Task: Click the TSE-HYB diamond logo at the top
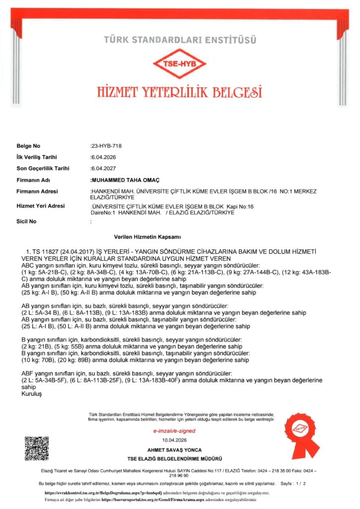(x=180, y=63)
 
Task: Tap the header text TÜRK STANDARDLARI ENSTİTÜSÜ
(x=180, y=39)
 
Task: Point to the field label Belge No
(x=28, y=146)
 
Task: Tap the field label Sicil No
(x=27, y=221)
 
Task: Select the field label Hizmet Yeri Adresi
(x=38, y=206)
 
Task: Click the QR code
(x=37, y=448)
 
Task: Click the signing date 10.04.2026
(x=174, y=440)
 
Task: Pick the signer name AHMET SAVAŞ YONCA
(x=174, y=449)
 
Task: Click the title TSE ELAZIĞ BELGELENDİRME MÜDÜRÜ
(x=174, y=458)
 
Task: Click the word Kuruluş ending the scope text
(x=30, y=393)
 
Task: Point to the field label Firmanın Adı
(x=33, y=180)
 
